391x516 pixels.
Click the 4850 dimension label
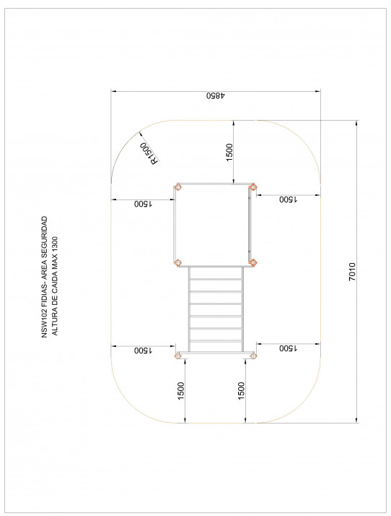point(216,95)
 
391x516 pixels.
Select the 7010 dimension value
point(352,272)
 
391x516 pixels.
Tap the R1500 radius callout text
point(149,153)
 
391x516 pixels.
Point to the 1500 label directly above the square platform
point(229,152)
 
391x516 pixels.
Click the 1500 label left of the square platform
point(143,204)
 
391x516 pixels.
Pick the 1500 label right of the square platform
point(288,199)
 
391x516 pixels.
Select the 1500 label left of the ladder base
point(143,350)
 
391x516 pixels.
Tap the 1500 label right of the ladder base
point(288,348)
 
